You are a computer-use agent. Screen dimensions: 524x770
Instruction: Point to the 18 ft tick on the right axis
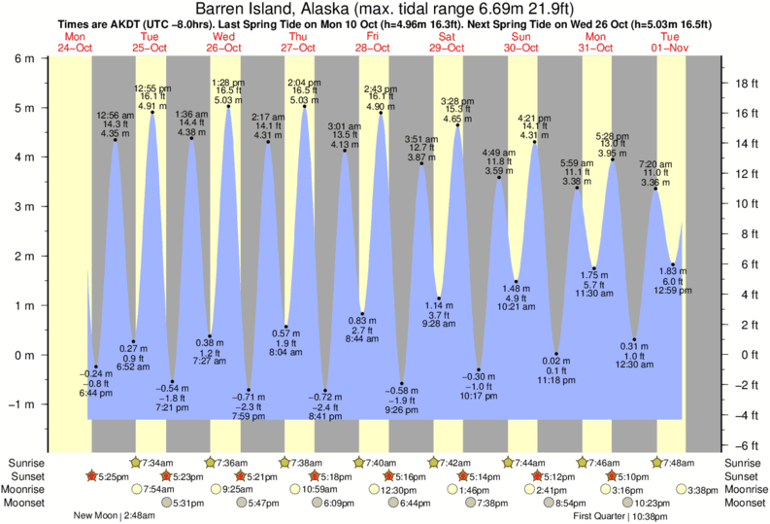click(x=742, y=83)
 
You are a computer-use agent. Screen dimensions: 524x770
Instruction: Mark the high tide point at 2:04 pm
click(x=305, y=106)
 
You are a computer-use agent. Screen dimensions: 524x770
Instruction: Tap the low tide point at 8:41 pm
click(x=325, y=391)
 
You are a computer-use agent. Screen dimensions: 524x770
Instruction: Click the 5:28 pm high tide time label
click(x=613, y=135)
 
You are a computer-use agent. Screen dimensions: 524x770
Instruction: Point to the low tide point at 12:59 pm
click(x=673, y=263)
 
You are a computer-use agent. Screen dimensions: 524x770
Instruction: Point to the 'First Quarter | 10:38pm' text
click(x=618, y=517)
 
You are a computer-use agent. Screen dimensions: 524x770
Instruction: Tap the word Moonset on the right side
click(x=744, y=504)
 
